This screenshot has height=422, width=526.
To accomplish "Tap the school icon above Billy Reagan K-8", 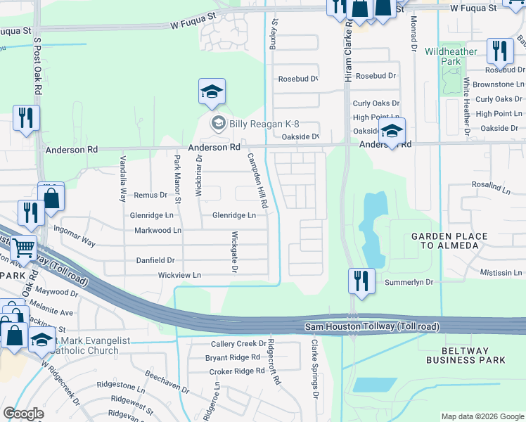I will [212, 92].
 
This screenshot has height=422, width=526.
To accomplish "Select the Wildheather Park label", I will [442, 57].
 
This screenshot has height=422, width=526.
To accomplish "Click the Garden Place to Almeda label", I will [444, 241].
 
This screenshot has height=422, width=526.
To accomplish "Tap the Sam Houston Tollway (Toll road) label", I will [372, 327].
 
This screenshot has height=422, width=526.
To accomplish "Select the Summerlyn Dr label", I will [409, 282].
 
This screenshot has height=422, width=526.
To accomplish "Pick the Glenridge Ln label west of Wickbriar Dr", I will [151, 215].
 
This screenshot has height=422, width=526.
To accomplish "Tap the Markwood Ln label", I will [158, 231].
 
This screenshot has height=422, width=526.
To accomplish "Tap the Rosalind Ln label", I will [491, 186].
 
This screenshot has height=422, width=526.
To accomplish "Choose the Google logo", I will [24, 413].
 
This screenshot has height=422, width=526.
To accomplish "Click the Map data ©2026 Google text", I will [482, 416].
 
